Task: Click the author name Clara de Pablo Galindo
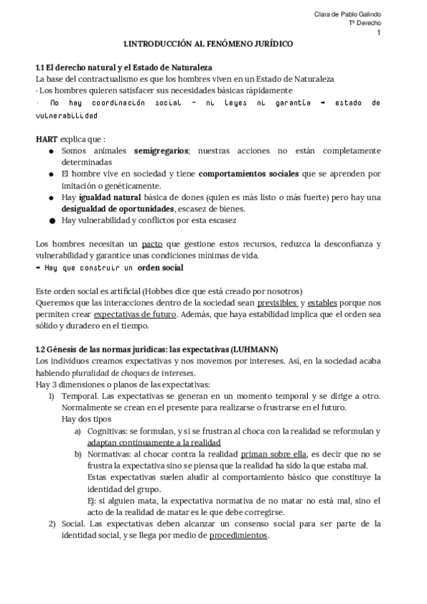click(347, 15)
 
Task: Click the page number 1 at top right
click(379, 33)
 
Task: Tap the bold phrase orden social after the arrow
click(161, 267)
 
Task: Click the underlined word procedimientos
click(239, 535)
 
